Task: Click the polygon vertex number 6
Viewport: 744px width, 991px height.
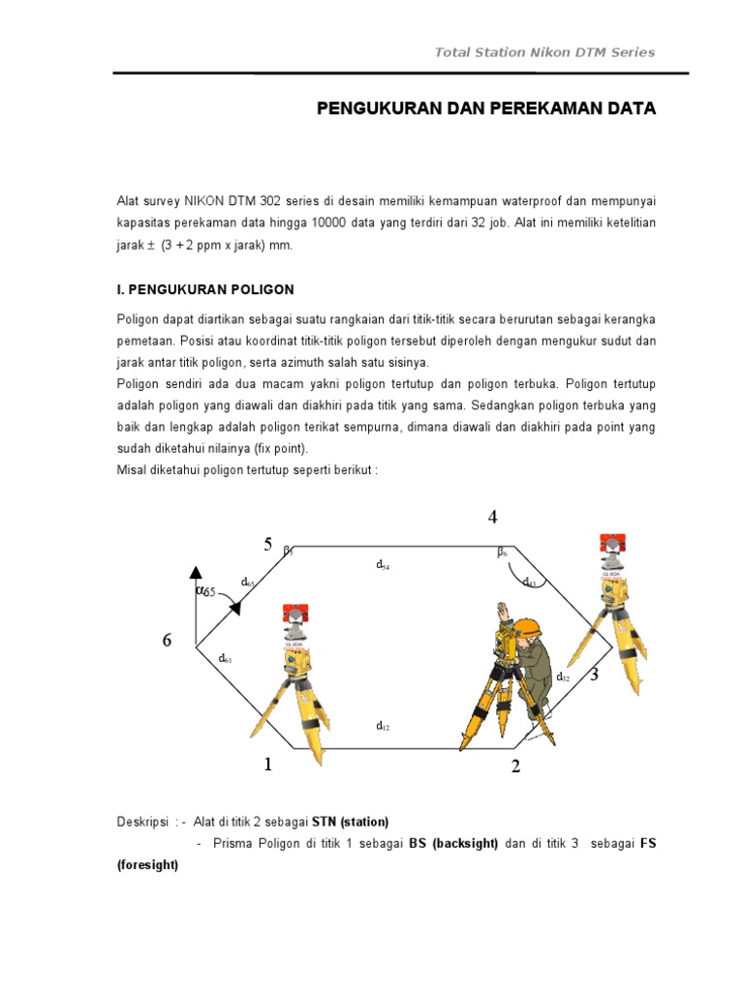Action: (167, 641)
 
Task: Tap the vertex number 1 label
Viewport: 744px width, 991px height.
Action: (268, 766)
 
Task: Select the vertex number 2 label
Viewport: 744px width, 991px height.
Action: (516, 767)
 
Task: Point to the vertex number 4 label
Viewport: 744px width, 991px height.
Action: (493, 518)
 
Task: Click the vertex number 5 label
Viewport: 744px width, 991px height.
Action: (268, 544)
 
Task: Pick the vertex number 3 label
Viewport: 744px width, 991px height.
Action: (594, 675)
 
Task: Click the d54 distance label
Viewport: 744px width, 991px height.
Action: (383, 563)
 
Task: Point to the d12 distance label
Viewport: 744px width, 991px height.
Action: (383, 725)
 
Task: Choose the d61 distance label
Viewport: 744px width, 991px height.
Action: (225, 658)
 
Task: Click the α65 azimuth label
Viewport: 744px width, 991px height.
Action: (205, 589)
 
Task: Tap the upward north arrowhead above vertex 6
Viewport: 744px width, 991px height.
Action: (197, 572)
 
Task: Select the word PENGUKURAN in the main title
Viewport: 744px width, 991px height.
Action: (378, 108)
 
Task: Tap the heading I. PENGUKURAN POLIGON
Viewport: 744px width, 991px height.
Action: (204, 289)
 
